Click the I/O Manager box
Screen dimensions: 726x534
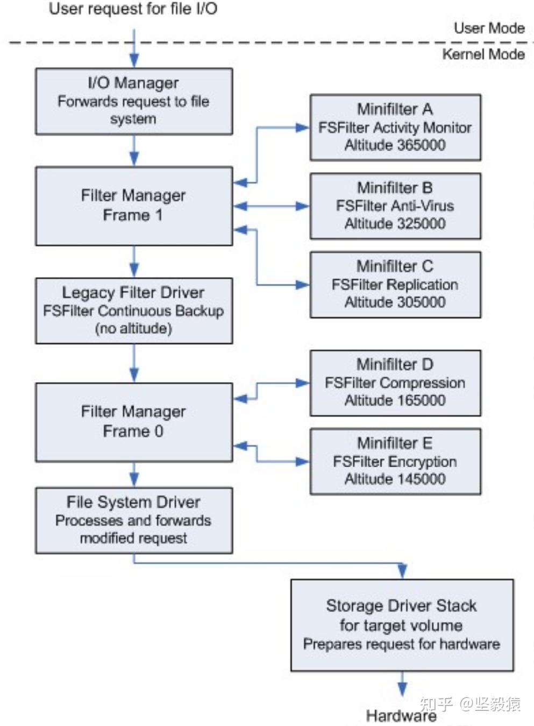(x=134, y=101)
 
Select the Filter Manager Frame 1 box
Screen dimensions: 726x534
(x=134, y=206)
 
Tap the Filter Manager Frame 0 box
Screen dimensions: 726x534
(x=134, y=422)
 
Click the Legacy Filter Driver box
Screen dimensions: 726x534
(x=134, y=311)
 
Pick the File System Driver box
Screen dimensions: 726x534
(x=134, y=520)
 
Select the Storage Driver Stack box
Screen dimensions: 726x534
(x=402, y=625)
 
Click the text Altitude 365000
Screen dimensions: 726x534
(x=395, y=145)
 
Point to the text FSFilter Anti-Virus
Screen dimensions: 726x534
(x=395, y=206)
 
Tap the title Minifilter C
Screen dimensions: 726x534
(x=395, y=266)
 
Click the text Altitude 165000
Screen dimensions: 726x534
(x=395, y=400)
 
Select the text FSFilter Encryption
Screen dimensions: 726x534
(x=395, y=462)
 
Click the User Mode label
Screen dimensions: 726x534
(x=489, y=28)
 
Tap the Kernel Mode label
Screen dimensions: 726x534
(x=483, y=54)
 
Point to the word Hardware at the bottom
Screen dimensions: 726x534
(x=401, y=715)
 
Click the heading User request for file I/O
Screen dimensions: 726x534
(x=133, y=9)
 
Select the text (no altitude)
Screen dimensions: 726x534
(x=133, y=328)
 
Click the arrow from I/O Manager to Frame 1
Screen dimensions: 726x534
(x=134, y=150)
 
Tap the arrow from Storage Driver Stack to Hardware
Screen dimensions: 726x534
(x=402, y=684)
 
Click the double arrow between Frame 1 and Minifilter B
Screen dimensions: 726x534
(x=271, y=206)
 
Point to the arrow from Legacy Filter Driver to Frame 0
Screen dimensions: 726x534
(x=134, y=363)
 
